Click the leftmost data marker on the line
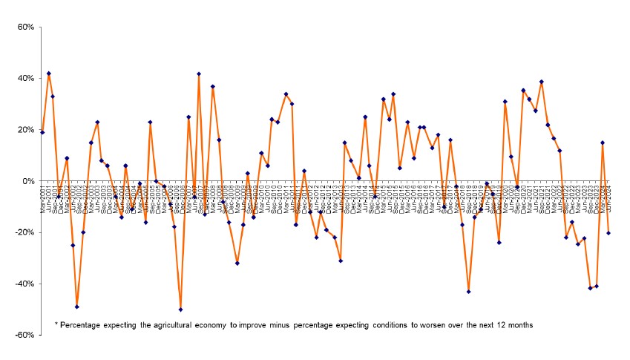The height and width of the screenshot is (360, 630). (x=42, y=132)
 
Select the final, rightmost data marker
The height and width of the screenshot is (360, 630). (x=608, y=233)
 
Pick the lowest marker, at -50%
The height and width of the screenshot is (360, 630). (x=180, y=310)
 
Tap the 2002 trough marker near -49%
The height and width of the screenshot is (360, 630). (x=77, y=307)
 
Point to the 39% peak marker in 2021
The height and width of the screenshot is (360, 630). (x=542, y=82)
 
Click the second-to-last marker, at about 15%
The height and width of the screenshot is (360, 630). (x=603, y=143)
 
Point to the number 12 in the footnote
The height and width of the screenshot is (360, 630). (x=503, y=325)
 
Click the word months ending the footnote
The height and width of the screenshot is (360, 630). (x=523, y=325)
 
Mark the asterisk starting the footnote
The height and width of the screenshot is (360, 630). (x=56, y=324)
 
